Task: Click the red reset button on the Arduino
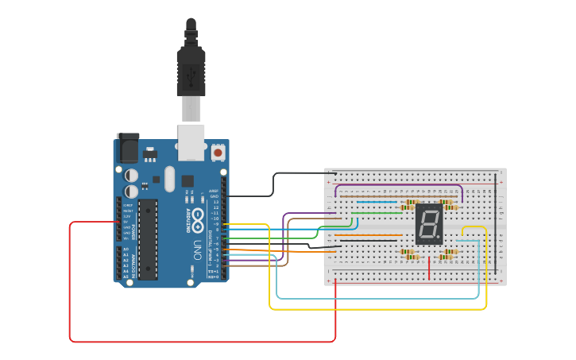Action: click(218, 151)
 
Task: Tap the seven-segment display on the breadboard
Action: click(428, 224)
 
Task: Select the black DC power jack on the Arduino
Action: click(127, 149)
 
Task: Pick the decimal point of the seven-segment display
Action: click(437, 237)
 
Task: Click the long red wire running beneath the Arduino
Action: click(199, 342)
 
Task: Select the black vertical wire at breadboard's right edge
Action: click(497, 223)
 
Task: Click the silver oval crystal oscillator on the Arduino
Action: click(169, 179)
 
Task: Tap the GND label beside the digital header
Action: click(214, 196)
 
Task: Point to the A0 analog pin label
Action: click(126, 250)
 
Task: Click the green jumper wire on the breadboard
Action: click(373, 212)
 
